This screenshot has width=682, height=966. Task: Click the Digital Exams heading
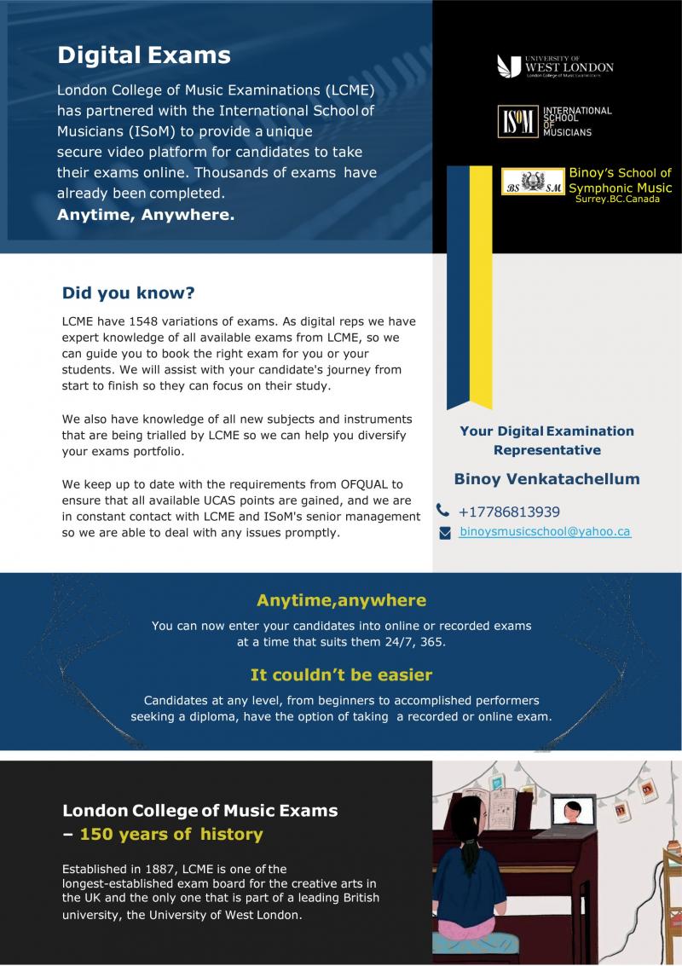coord(143,55)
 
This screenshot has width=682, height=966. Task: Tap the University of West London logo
coord(555,67)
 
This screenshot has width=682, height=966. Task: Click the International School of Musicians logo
coord(555,121)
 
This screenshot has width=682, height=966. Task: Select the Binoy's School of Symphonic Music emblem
coord(533,182)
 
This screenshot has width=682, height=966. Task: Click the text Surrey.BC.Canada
coord(617,199)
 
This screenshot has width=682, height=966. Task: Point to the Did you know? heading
coord(128,293)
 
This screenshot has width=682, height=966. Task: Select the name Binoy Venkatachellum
coord(546,479)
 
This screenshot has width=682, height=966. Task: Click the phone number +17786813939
coord(509,512)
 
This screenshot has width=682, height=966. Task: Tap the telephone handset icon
coord(442,511)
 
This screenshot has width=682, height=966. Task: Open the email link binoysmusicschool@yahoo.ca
coord(545,531)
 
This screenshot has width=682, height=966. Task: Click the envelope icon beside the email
coord(444,533)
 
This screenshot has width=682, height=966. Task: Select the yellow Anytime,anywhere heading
coord(341,600)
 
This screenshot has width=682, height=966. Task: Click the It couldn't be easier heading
coord(341,675)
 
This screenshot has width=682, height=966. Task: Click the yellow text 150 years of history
coord(170,834)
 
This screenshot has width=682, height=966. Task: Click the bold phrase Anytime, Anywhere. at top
coord(145,215)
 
